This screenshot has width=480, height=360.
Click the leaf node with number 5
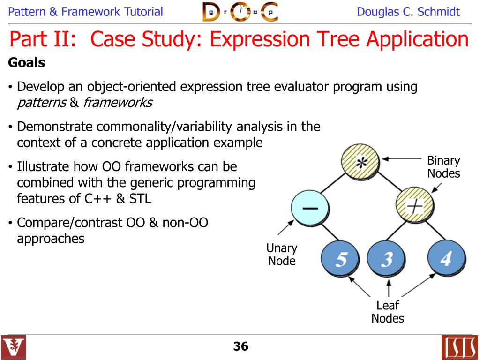tap(340, 259)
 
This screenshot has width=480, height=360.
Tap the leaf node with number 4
tap(446, 259)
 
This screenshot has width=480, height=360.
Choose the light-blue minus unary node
tap(309, 208)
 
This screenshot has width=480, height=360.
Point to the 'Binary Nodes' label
tap(443, 167)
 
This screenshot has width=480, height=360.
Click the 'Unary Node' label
tap(282, 255)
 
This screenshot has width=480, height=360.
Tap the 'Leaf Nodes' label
tap(387, 312)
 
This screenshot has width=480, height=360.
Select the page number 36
tap(240, 346)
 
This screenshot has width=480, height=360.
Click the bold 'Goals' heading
tap(27, 63)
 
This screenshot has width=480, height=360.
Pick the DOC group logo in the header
tap(240, 12)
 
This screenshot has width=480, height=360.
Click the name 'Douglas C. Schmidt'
tap(408, 12)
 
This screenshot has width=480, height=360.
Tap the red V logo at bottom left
tap(14, 347)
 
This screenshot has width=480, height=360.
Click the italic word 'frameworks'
tap(118, 103)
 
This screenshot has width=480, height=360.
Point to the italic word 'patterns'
tap(42, 103)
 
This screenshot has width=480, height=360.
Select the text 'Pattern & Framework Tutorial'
tap(86, 12)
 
